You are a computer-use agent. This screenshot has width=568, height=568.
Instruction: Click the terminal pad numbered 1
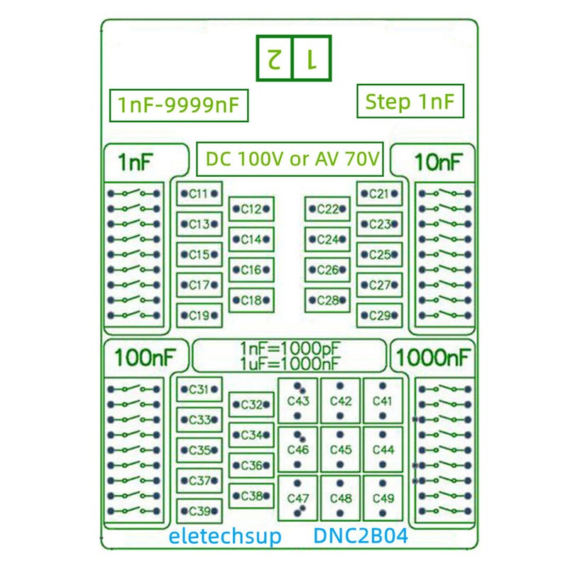pos(310,58)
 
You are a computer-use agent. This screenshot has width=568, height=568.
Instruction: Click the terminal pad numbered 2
pos(273,58)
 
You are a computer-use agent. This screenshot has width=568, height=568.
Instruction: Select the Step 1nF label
pos(410,102)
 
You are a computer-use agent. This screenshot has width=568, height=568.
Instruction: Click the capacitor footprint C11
pos(199,193)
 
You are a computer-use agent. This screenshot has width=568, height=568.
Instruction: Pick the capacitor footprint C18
pos(251,300)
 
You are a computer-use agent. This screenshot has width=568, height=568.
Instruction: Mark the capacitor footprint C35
pos(199,450)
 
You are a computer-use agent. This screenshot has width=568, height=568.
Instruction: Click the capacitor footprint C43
pos(298,400)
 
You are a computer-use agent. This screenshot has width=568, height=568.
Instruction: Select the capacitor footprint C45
pos(341,449)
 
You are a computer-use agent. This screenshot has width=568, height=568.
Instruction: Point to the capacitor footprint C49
pos(383,498)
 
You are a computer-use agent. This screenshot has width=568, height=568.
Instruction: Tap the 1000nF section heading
pos(433,357)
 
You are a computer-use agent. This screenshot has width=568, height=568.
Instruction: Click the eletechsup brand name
pos(224,536)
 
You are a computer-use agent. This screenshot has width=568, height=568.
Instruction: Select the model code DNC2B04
pos(361,536)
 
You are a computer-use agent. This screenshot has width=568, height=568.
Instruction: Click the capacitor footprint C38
pos(251,496)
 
